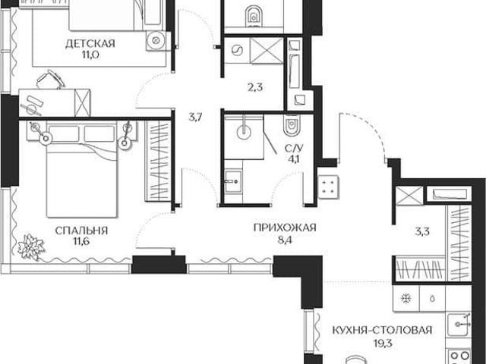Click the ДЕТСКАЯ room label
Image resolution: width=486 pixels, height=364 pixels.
click(90, 44)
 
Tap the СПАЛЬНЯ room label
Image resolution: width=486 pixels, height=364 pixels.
click(81, 231)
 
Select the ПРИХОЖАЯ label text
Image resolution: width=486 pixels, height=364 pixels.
click(285, 227)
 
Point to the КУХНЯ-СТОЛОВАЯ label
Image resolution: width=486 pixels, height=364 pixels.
click(382, 330)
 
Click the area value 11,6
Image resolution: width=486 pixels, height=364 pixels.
click(81, 242)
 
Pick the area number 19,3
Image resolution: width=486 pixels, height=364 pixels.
click(383, 343)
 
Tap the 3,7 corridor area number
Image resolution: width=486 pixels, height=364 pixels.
click(196, 118)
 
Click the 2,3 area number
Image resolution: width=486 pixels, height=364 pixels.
click(255, 88)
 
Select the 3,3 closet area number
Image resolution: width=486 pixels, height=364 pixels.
click(422, 231)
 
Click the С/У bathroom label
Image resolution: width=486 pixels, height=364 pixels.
click(294, 149)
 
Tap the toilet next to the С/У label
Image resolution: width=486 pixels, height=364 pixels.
click(292, 125)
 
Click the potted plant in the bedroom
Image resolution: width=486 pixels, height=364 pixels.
click(30, 246)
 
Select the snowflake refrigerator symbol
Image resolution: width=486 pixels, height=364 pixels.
click(406, 298)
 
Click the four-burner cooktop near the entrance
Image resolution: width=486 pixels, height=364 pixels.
click(328, 187)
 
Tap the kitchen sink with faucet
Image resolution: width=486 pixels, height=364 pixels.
click(460, 324)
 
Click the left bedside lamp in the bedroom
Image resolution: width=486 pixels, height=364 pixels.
click(46, 138)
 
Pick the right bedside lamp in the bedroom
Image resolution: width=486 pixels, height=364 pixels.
click(125, 143)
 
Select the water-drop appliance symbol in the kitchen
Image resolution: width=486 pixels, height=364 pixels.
click(433, 299)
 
